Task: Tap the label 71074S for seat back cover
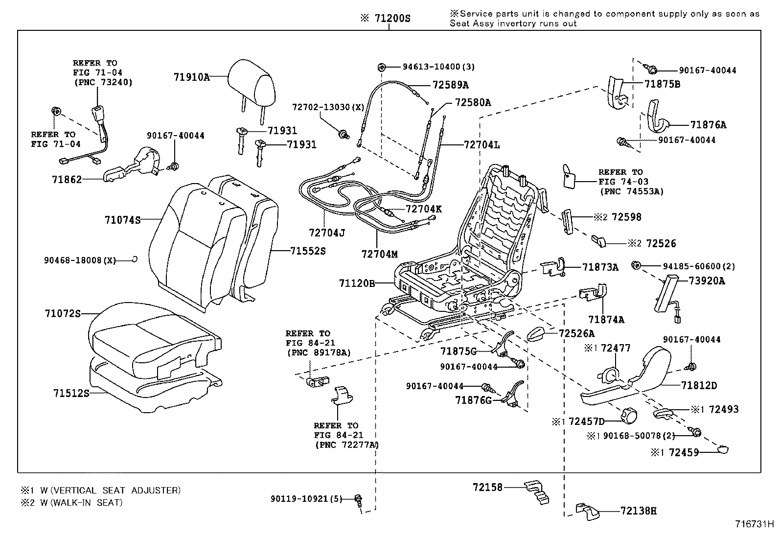pyautogui.click(x=122, y=220)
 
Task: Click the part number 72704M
pyautogui.click(x=380, y=254)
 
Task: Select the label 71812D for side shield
pyautogui.click(x=699, y=386)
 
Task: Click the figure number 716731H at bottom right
pyautogui.click(x=754, y=524)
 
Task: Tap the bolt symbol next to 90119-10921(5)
pyautogui.click(x=358, y=500)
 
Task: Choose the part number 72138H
pyautogui.click(x=638, y=511)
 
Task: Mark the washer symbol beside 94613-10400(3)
pyautogui.click(x=382, y=67)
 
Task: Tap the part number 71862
pyautogui.click(x=67, y=179)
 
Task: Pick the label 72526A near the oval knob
pyautogui.click(x=576, y=333)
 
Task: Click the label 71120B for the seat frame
pyautogui.click(x=356, y=283)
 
